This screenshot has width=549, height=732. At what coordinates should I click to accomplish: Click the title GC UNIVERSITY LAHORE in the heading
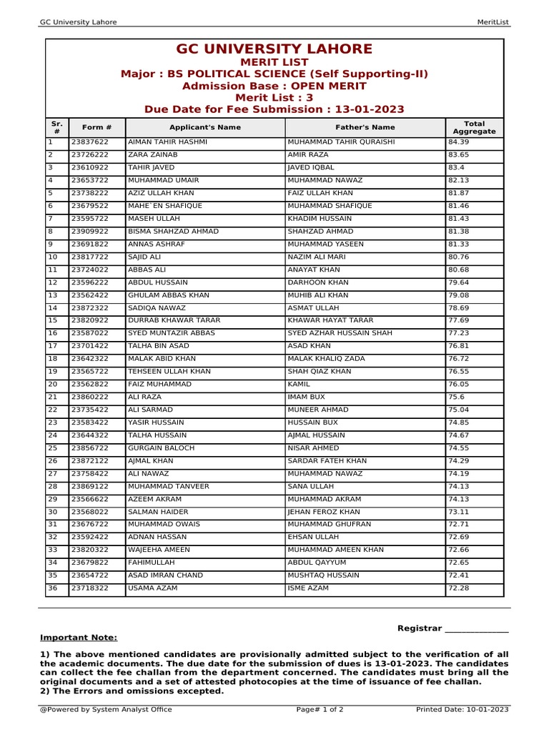point(274,49)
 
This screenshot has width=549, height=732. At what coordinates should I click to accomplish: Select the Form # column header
point(97,127)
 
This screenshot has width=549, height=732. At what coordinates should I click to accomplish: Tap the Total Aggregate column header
point(474,127)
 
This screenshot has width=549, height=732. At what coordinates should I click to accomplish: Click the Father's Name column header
point(365,127)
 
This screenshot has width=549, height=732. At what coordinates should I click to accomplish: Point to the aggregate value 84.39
point(458,142)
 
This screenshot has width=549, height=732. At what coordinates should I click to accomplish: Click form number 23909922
point(89,232)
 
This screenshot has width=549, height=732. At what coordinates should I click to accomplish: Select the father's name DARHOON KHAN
point(318,282)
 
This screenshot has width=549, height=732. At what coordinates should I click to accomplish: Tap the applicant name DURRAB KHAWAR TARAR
point(174,320)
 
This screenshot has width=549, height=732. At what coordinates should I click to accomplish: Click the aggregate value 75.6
point(455,397)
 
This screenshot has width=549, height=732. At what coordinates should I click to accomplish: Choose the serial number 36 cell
point(52,588)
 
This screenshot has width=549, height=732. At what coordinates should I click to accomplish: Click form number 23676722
point(89,524)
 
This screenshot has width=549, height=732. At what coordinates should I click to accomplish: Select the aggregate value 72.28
point(458,588)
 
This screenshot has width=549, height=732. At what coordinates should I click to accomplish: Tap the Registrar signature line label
point(420,628)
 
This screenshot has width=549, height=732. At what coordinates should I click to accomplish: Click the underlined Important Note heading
point(79,638)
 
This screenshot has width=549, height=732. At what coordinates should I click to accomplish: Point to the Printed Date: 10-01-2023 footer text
point(462,710)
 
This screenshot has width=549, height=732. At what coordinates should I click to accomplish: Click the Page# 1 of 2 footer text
point(320,710)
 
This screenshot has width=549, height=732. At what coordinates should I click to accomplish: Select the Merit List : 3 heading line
point(274,98)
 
